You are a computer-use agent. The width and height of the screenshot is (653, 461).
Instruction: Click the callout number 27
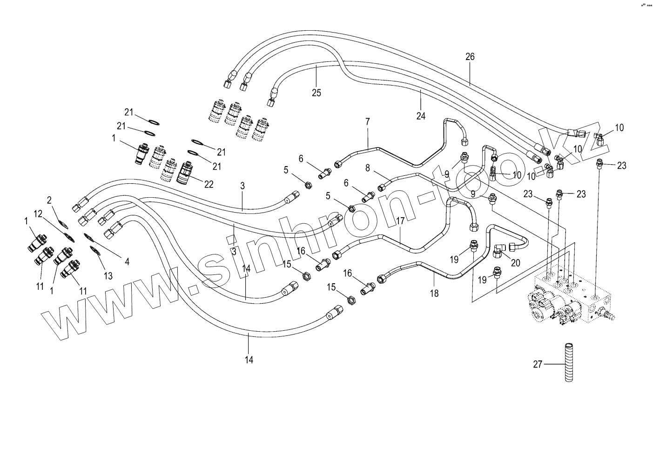(x=538, y=364)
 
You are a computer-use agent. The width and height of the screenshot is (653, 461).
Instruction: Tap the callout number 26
(x=470, y=57)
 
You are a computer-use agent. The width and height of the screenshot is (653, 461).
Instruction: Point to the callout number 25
(x=316, y=93)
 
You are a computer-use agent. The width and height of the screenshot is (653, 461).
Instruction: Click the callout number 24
(x=421, y=116)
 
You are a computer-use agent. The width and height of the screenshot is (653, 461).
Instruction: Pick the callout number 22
(x=209, y=184)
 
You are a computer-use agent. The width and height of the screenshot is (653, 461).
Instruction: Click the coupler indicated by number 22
(x=186, y=172)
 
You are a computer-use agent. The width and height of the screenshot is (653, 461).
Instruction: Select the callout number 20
(x=516, y=263)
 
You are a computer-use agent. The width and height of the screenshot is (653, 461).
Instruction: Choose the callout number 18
(x=434, y=294)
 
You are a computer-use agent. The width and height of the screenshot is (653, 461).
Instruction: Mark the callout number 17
(x=400, y=221)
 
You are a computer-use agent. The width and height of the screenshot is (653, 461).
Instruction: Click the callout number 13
(x=108, y=276)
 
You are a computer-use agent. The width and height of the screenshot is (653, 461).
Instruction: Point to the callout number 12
(x=38, y=214)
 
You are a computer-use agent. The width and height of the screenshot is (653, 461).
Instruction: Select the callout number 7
(x=367, y=121)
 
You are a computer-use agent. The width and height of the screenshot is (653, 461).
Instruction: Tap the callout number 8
(x=368, y=168)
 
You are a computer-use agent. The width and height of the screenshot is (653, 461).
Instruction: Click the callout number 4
(x=127, y=262)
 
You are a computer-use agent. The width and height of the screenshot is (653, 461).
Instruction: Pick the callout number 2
(x=49, y=200)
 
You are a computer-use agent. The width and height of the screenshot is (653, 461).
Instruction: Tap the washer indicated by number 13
(x=94, y=250)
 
